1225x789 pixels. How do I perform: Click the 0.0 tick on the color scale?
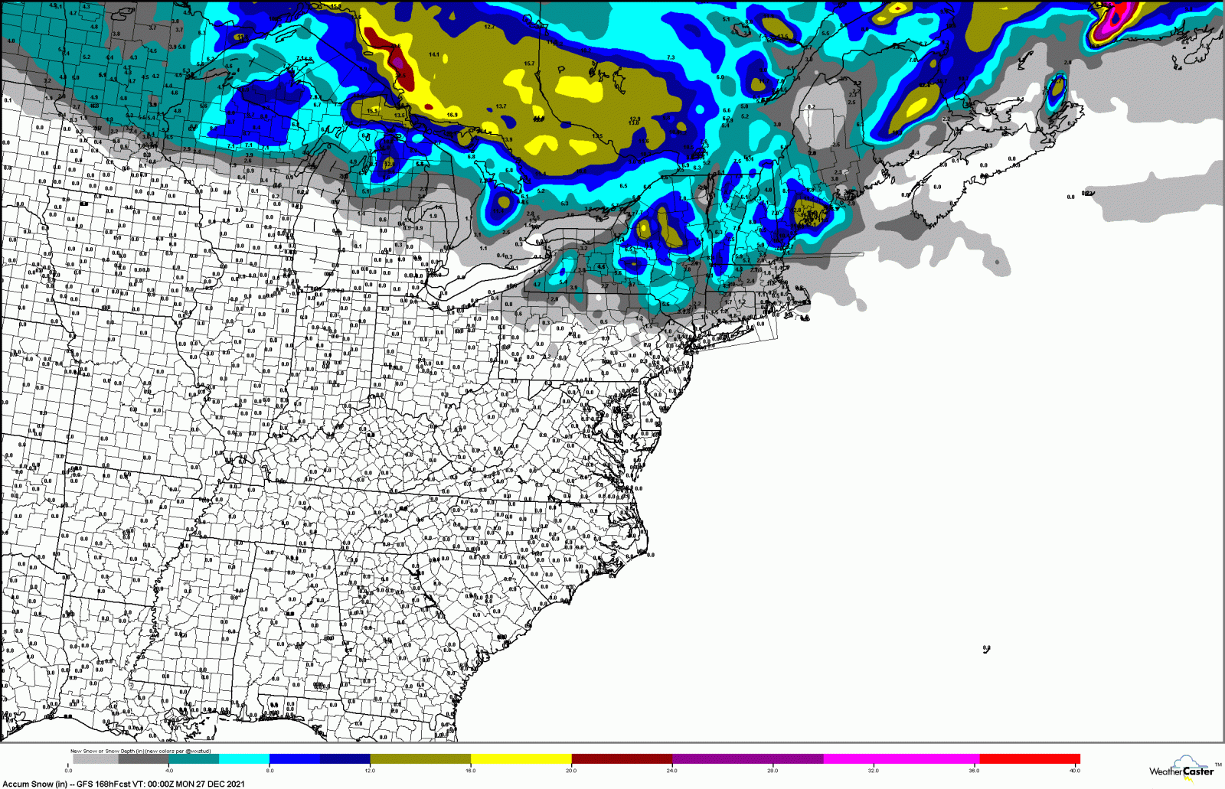click(x=69, y=771)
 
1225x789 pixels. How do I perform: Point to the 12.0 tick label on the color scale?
click(x=370, y=771)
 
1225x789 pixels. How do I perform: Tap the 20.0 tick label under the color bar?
click(x=571, y=771)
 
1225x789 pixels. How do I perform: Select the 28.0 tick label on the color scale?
click(x=773, y=771)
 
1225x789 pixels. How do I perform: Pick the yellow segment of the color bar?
click(x=521, y=759)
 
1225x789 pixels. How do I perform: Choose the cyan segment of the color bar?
click(x=244, y=759)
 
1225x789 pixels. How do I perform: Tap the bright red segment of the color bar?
click(x=1030, y=759)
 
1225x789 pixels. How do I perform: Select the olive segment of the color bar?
click(x=420, y=759)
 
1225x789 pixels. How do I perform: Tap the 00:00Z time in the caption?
click(x=161, y=784)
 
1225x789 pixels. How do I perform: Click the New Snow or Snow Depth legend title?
click(x=107, y=751)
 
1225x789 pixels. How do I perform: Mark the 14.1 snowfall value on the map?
click(x=434, y=55)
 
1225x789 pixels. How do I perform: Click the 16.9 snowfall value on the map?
click(x=452, y=116)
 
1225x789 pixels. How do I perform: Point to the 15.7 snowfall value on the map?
click(x=529, y=64)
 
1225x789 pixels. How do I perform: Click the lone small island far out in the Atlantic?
click(x=987, y=649)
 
